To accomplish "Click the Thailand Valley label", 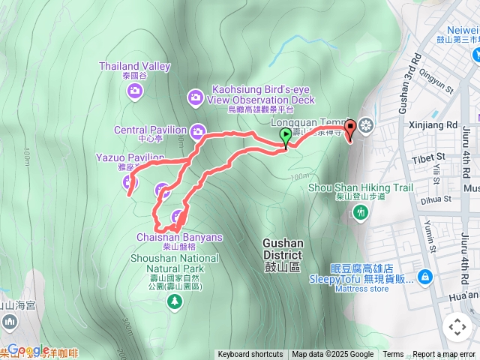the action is pos(135,67).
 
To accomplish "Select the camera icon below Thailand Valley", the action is pos(135,91).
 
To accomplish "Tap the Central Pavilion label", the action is pos(150,130).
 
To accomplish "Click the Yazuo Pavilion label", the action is pos(130,157).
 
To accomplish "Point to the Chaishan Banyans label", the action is pos(180,237).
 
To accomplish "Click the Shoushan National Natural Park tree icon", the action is pos(175,301).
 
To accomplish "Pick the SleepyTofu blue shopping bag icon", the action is pos(425,277).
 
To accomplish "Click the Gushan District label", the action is pos(283,244).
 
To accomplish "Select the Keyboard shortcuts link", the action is pos(250,355).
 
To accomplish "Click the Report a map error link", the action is pos(443,355).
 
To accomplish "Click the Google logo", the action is pos(28,349).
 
